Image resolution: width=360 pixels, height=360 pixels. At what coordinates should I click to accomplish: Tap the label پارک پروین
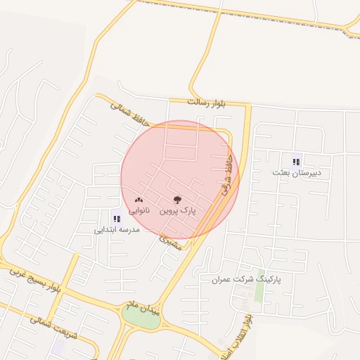[178, 210]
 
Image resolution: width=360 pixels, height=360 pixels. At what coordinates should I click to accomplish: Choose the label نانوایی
[138, 210]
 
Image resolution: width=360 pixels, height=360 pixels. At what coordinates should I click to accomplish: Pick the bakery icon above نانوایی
[138, 200]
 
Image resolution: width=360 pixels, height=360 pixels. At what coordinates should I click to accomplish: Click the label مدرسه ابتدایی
[117, 229]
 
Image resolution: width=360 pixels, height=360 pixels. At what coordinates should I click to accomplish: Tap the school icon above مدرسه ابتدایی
[116, 218]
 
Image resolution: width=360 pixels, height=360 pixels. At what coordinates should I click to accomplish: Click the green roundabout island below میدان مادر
[141, 317]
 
